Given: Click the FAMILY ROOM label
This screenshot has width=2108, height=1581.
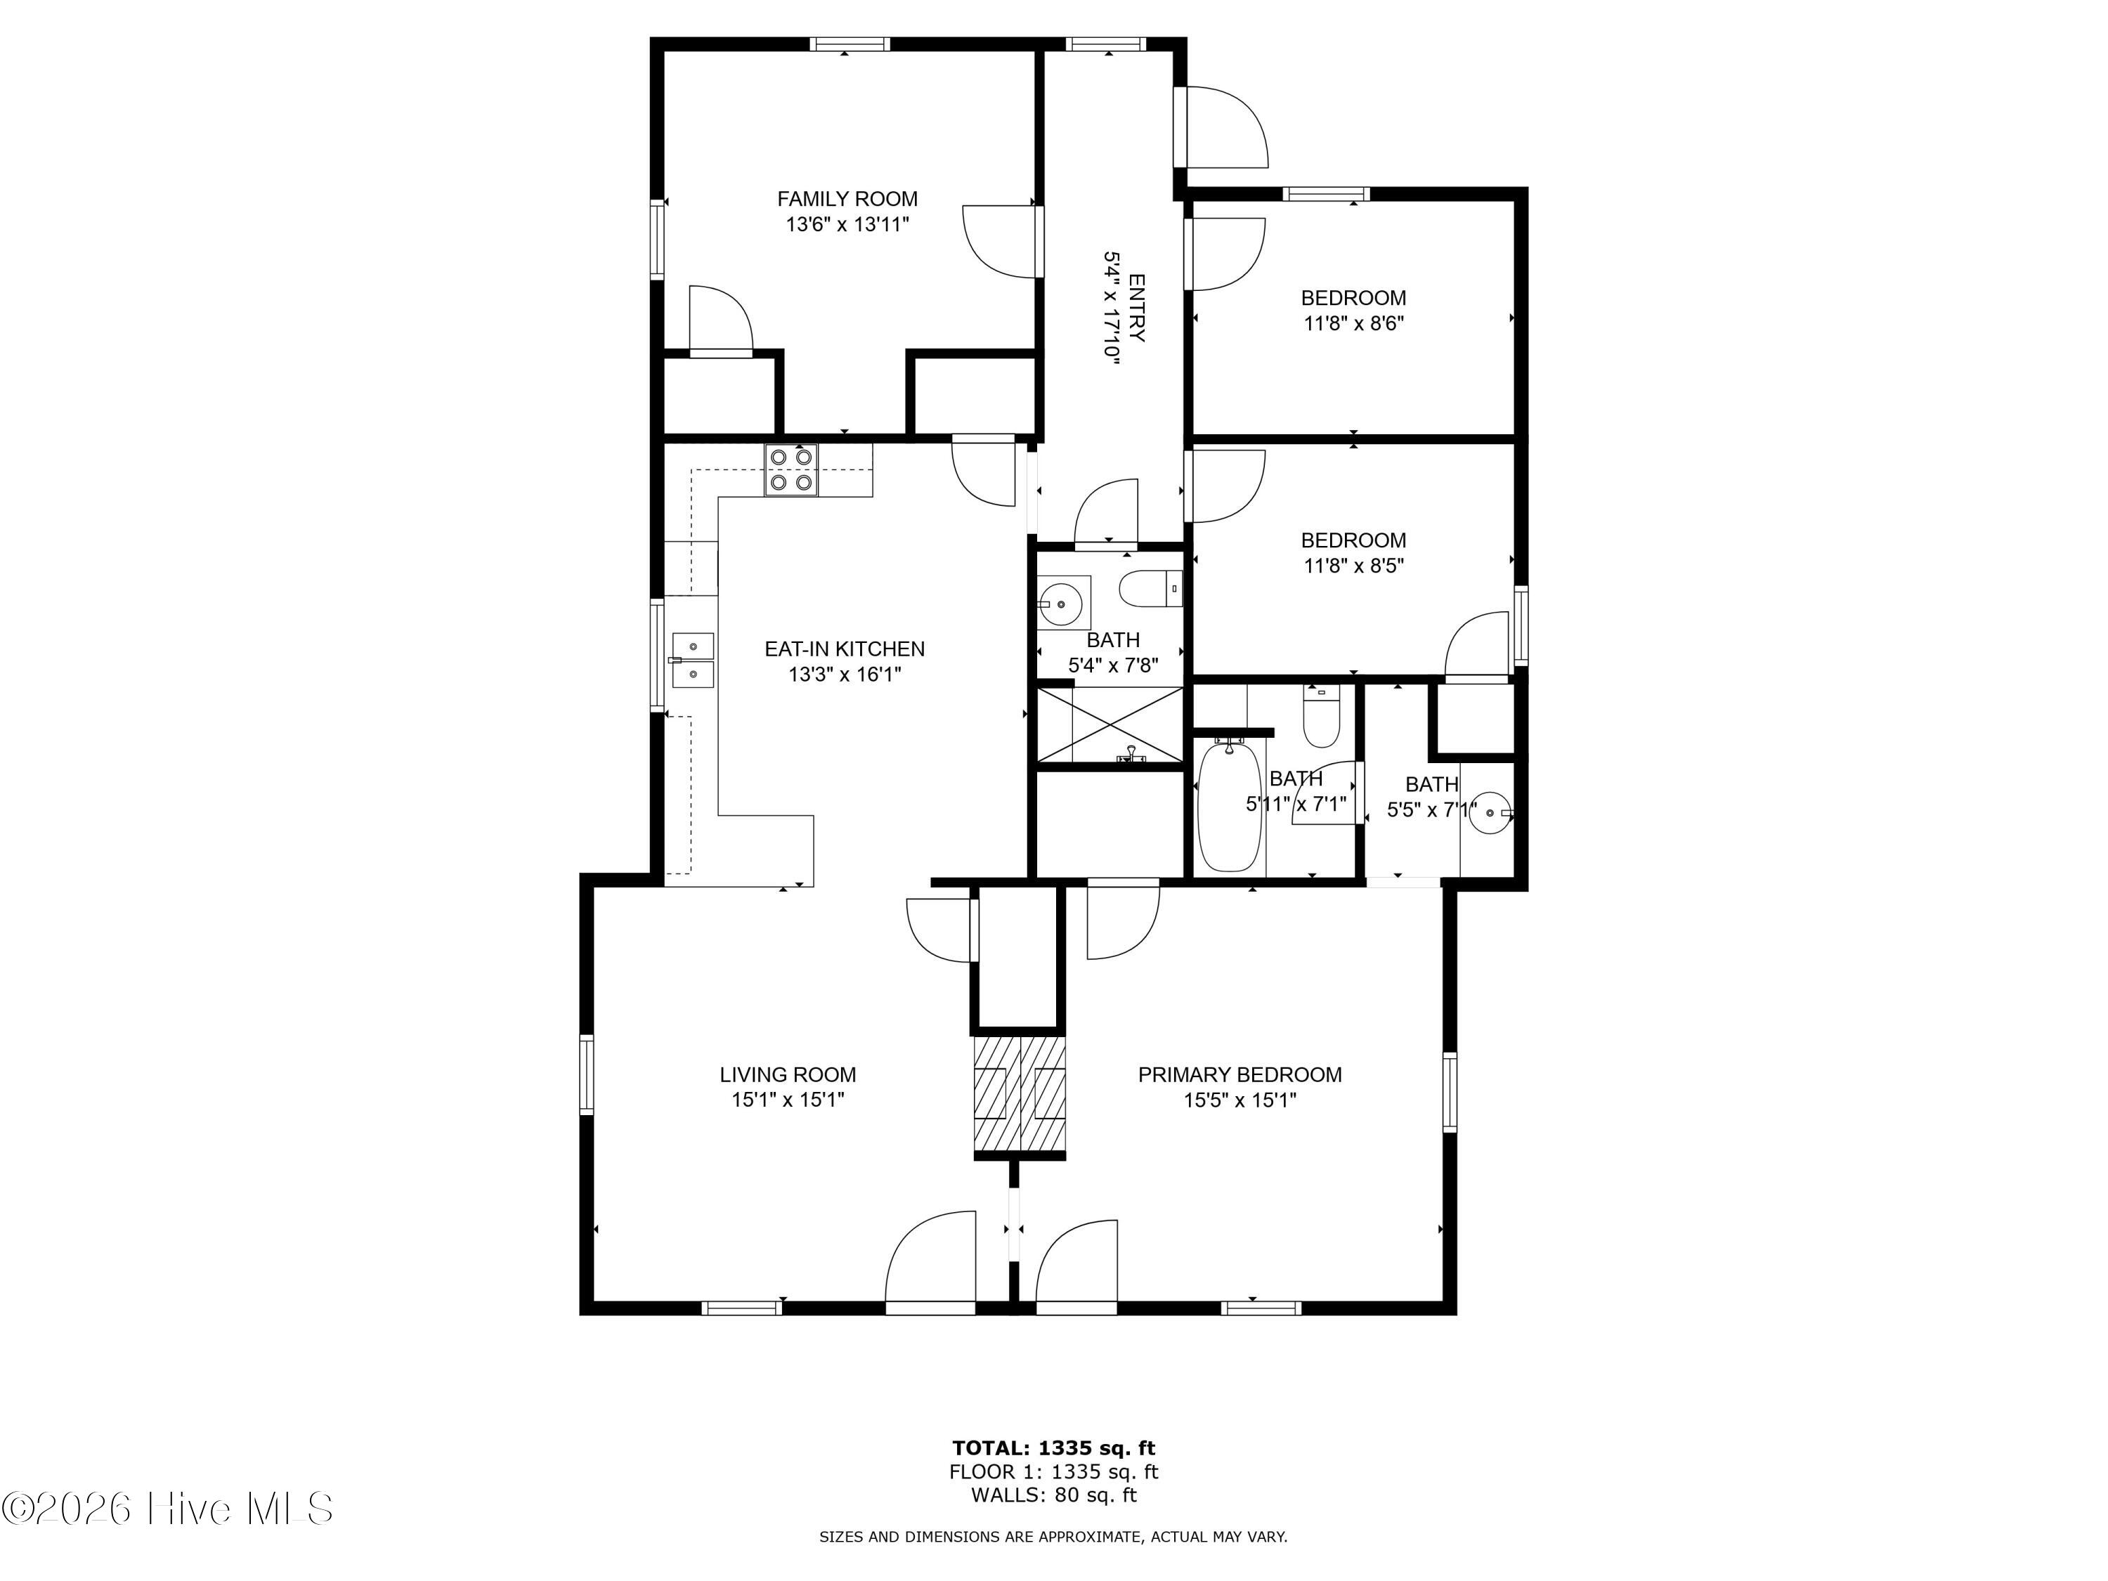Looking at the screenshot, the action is click(847, 199).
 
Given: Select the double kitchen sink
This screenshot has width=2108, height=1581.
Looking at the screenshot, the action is click(693, 660).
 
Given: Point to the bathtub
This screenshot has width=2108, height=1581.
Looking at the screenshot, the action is click(1230, 806).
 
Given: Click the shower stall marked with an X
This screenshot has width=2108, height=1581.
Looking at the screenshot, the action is click(1110, 725).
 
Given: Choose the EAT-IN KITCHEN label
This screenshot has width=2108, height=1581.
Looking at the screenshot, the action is click(845, 649).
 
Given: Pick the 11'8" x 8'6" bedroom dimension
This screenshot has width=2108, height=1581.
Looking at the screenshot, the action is click(1353, 323).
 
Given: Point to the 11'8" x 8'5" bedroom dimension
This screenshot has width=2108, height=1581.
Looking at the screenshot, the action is click(1353, 565).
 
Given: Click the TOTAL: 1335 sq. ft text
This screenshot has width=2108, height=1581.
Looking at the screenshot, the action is click(1054, 1448).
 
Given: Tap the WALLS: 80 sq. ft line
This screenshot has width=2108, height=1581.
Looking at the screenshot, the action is click(1054, 1495).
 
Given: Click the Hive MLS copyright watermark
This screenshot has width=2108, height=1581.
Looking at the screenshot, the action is click(168, 1509).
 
